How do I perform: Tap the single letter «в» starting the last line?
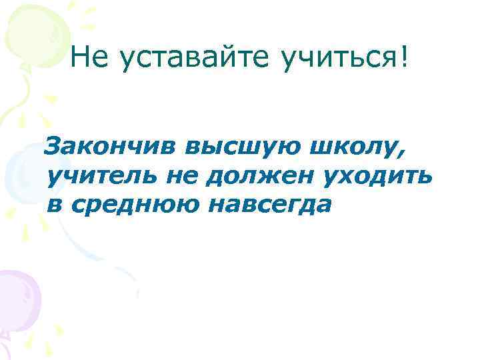tap(53, 205)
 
